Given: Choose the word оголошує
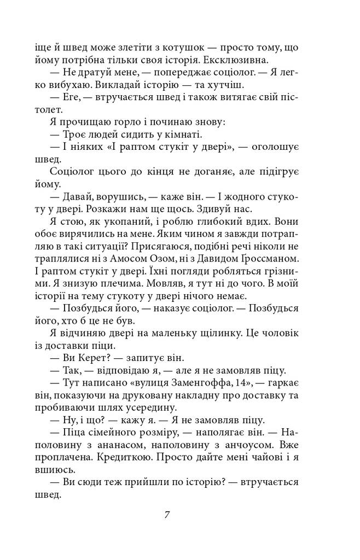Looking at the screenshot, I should point(266,147).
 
